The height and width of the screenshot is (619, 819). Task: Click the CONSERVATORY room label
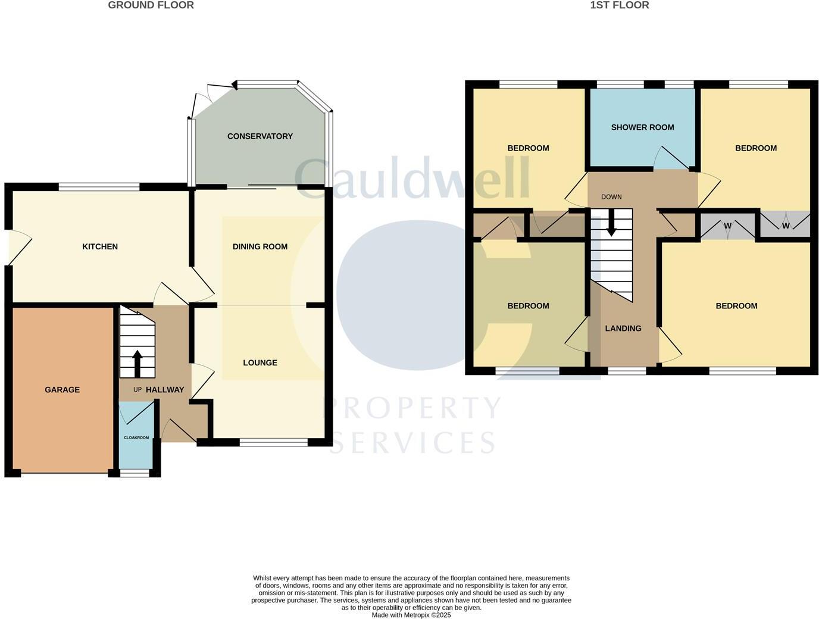tap(260, 136)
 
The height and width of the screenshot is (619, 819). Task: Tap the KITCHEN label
tap(100, 246)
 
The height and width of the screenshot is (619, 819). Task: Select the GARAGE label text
tap(62, 390)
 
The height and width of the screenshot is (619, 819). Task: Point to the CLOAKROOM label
tap(136, 437)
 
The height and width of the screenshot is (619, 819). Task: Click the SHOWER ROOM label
tap(642, 127)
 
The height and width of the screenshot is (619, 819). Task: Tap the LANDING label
tap(623, 329)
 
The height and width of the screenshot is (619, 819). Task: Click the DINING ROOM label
tap(260, 246)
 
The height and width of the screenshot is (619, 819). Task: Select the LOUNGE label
tap(260, 362)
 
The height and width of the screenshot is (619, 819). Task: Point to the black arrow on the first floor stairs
tap(611, 225)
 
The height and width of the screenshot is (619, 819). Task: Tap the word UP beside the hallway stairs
tap(137, 390)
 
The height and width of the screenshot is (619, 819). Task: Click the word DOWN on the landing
tap(611, 197)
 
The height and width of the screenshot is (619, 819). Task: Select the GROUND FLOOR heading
tap(151, 5)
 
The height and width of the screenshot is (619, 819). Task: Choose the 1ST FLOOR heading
tap(619, 5)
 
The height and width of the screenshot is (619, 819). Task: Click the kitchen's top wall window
tap(99, 187)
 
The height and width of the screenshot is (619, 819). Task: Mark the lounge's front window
tap(274, 442)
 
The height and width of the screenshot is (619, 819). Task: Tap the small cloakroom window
tap(135, 473)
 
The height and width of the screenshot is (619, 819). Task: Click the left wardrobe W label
tap(727, 226)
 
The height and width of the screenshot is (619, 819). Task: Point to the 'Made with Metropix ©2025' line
tap(411, 615)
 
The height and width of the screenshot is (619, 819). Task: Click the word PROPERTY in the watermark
tap(411, 408)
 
